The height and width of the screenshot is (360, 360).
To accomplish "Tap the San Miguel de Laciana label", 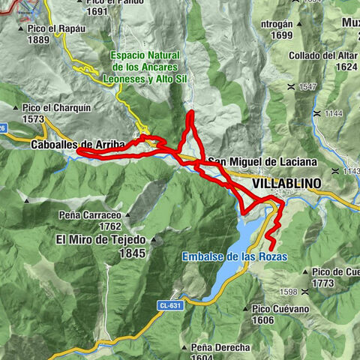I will (x=262, y=162).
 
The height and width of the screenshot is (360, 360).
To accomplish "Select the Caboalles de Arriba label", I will (x=73, y=144).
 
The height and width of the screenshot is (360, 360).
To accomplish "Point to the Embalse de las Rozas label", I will (x=234, y=256).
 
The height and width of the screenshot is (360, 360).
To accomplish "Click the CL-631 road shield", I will (x=169, y=305).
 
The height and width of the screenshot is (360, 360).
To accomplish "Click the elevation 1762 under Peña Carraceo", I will (x=109, y=226).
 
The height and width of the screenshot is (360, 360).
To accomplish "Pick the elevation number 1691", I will (x=97, y=12).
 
